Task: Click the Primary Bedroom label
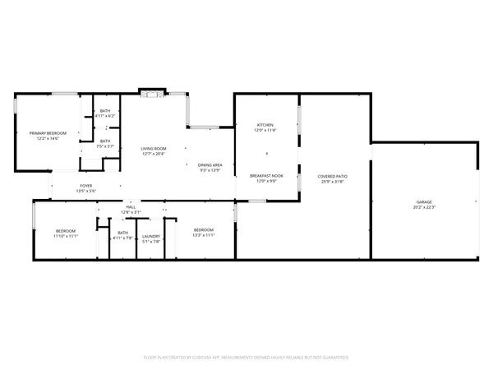click(x=48, y=133)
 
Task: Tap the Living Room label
click(x=154, y=149)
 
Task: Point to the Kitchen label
click(x=265, y=125)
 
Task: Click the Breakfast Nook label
click(x=266, y=176)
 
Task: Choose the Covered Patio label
click(x=334, y=176)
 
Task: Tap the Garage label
click(x=424, y=201)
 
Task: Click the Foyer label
click(x=86, y=186)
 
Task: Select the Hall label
click(x=131, y=207)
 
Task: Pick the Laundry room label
click(x=151, y=237)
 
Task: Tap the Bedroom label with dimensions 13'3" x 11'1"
click(x=204, y=229)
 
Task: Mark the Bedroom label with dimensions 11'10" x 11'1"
click(x=66, y=231)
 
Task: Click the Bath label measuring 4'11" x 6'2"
click(x=105, y=111)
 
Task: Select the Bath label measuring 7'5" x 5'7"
click(x=105, y=141)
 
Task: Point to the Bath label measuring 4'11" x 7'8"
click(x=122, y=233)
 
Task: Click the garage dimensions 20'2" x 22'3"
click(x=424, y=207)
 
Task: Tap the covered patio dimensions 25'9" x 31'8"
click(x=334, y=182)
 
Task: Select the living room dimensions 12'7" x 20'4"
click(x=154, y=155)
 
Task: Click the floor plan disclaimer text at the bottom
click(x=246, y=358)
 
